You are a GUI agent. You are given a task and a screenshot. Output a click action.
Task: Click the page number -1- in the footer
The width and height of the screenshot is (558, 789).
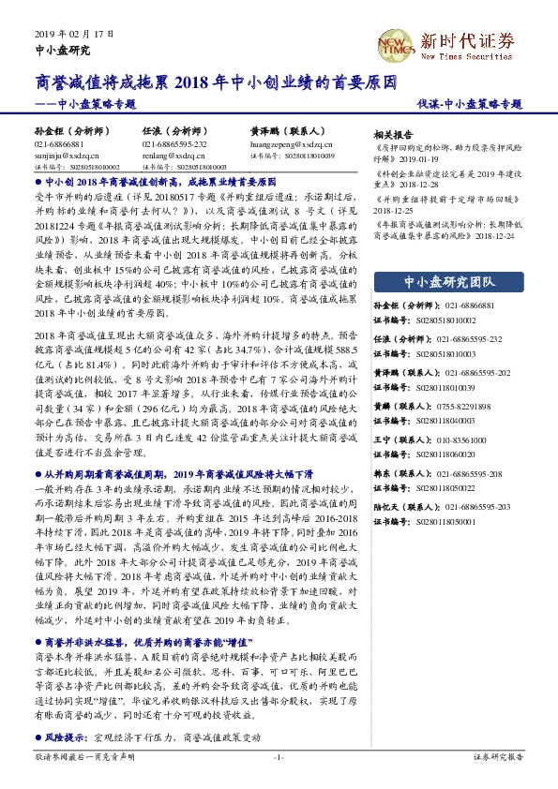(279, 757)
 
